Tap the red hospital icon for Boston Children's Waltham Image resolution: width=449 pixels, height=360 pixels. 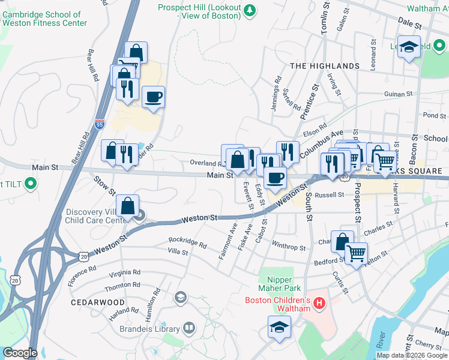(319, 304)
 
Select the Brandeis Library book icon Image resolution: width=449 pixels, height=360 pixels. (189, 328)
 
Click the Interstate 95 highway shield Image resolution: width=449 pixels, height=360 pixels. (100, 125)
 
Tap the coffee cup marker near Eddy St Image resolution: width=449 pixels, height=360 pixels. (276, 178)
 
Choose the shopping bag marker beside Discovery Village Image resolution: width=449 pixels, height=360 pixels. (128, 206)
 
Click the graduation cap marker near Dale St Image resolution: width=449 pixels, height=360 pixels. (409, 47)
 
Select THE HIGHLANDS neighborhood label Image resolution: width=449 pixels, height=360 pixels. (325, 66)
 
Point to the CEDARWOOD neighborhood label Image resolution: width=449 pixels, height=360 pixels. (97, 302)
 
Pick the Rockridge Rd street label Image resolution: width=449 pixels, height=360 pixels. (187, 244)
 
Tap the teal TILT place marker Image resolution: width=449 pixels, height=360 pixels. (28, 184)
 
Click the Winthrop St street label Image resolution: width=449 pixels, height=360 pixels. (289, 247)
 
